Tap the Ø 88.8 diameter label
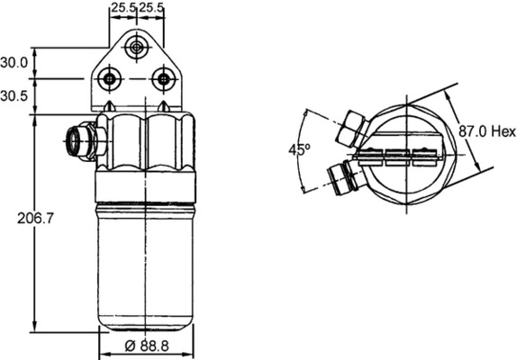coord(145,346)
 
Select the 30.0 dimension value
coord(14,63)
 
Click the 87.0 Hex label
coord(485,131)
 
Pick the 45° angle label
coord(299,150)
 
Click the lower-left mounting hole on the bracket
coord(110,80)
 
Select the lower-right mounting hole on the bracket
coord(163,80)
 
